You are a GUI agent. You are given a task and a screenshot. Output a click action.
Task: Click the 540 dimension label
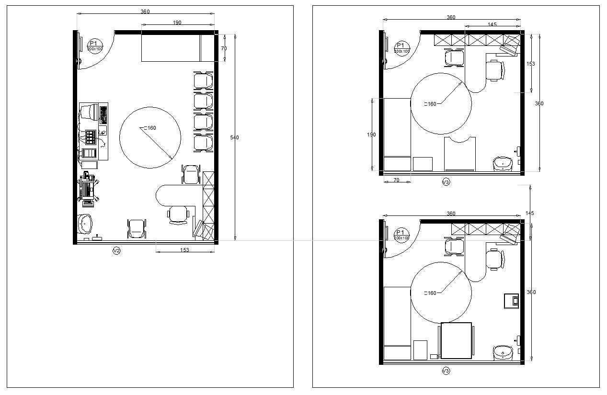point(234,138)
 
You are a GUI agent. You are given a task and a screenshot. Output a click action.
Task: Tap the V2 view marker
point(116,250)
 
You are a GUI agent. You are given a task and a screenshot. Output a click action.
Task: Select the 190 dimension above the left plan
point(177,23)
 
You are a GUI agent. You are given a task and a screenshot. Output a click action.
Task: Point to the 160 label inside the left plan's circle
point(150,128)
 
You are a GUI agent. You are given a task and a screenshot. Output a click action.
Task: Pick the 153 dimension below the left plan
point(184,249)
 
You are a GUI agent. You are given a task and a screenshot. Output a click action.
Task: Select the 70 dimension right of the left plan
point(224,49)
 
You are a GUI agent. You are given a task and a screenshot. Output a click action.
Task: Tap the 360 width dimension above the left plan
point(145,11)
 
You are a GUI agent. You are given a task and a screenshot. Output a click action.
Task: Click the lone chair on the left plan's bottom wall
point(137,228)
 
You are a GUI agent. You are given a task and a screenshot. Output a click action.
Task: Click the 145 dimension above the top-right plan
point(492,24)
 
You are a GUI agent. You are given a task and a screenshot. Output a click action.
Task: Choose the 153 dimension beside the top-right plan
point(530,64)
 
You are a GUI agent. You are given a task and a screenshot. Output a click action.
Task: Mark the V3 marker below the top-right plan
point(446,182)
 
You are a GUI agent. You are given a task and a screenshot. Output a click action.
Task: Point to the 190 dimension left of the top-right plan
point(371,135)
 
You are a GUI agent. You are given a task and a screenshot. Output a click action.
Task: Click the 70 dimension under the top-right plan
point(396,180)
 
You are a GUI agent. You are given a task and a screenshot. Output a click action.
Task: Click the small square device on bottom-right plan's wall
point(511,301)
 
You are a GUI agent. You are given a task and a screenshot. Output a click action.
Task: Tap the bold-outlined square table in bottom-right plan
point(456,340)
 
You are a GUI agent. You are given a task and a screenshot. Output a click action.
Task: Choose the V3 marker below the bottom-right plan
point(446,371)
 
